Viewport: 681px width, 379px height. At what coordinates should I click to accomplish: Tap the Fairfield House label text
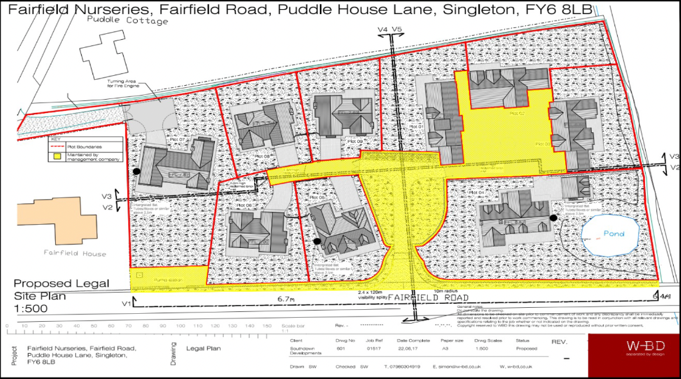point(66,253)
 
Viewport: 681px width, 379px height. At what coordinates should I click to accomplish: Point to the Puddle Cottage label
point(122,21)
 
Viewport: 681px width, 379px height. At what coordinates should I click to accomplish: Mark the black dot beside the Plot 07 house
point(137,171)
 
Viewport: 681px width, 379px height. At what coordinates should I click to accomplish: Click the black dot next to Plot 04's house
point(553,217)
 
